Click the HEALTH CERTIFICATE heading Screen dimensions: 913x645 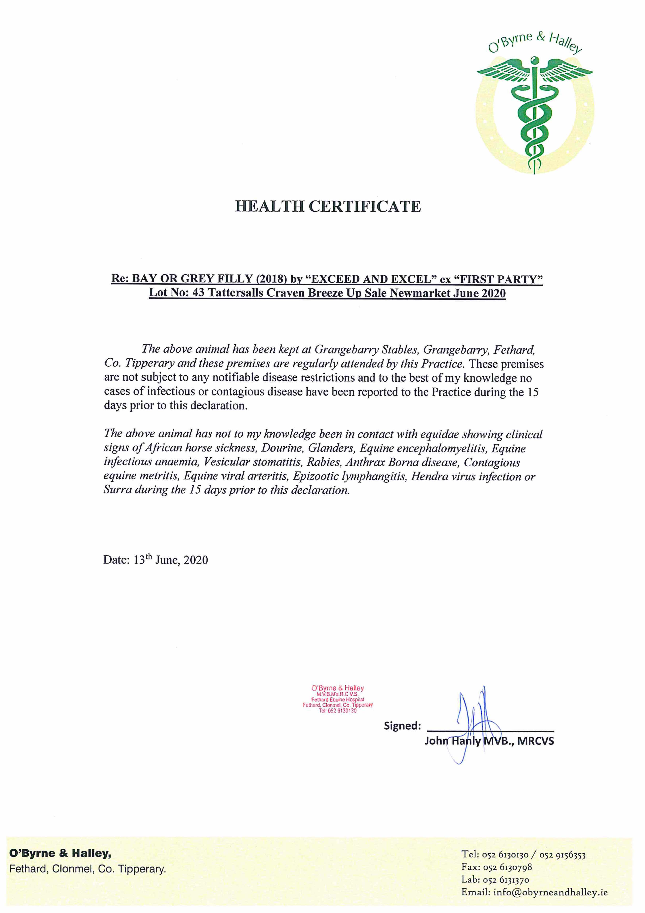click(x=328, y=206)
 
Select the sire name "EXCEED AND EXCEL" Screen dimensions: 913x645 click(x=368, y=279)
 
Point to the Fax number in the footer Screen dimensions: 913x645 click(x=507, y=867)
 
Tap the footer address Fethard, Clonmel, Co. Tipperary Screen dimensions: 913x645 click(x=87, y=869)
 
